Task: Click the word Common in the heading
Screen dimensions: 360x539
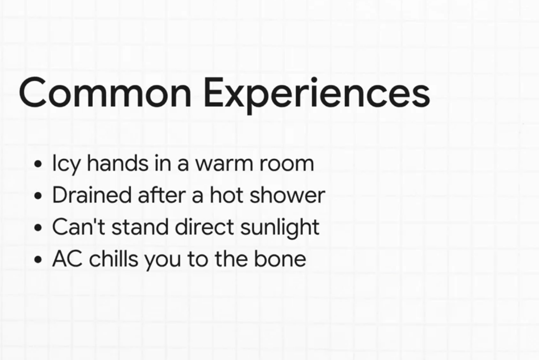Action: click(x=105, y=93)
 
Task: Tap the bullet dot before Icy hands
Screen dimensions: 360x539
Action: click(x=39, y=164)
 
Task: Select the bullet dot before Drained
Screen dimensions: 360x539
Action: click(x=39, y=196)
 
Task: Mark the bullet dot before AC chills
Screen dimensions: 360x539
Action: click(x=39, y=260)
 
